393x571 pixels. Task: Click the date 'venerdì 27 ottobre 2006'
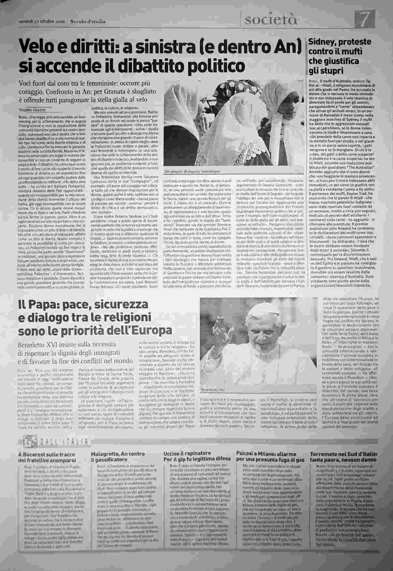42,21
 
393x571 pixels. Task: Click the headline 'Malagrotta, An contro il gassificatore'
117,457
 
